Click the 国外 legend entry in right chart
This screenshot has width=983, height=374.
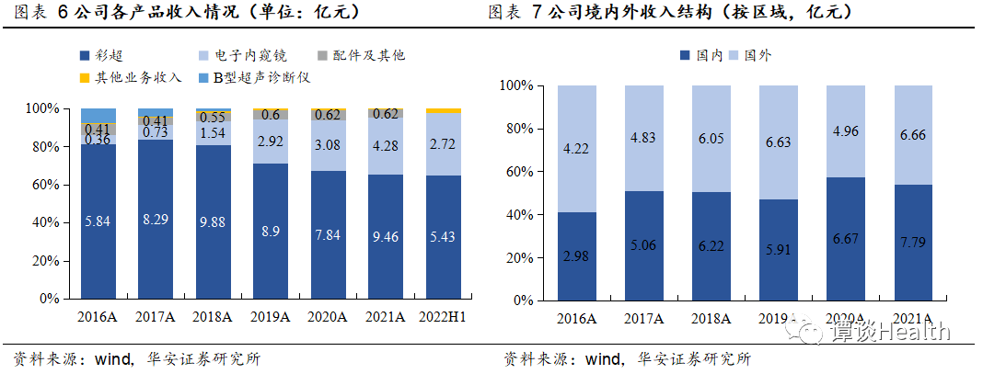tap(755, 55)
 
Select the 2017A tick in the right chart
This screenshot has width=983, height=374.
tap(645, 317)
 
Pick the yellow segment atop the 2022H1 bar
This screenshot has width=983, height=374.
tap(444, 111)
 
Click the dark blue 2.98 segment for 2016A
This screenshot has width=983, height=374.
tap(578, 256)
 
